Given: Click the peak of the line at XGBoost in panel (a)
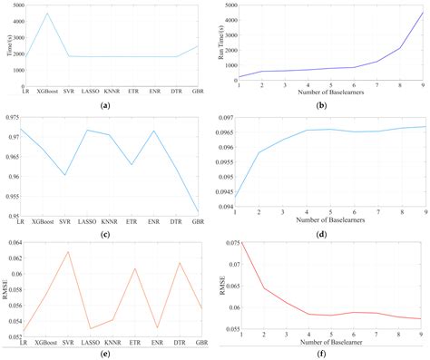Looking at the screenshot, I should [48, 14].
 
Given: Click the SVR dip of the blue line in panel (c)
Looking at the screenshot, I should [66, 176].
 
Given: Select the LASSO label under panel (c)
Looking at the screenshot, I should [88, 221].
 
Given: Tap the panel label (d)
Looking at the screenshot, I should [330, 235].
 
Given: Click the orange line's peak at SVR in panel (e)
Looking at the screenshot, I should [66, 251].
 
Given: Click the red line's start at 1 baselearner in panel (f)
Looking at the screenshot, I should [239, 242].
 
